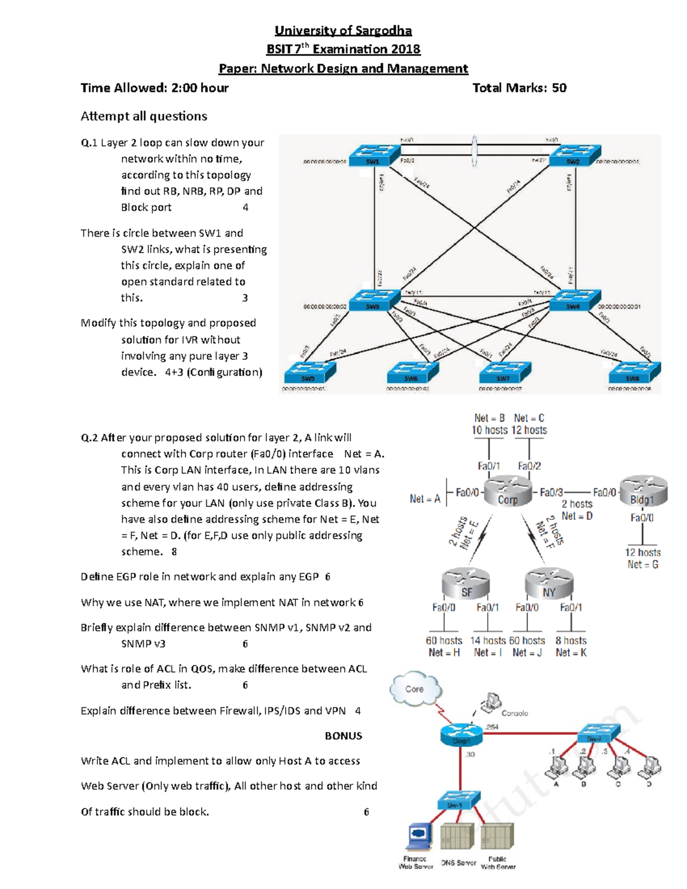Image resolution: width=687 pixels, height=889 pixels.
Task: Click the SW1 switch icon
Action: [374, 155]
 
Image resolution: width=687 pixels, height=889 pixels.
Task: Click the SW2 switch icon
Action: [574, 155]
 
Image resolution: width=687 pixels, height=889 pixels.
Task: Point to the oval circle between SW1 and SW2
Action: [474, 151]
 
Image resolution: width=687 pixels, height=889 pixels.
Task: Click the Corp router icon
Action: [507, 492]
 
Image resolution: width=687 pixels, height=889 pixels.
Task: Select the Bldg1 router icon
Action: [643, 491]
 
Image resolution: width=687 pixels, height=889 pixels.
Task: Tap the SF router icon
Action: [467, 584]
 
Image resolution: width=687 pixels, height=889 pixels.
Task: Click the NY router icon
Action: [549, 584]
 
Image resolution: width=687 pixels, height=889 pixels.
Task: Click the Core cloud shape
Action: [416, 689]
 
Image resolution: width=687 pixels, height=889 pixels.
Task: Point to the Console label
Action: [515, 713]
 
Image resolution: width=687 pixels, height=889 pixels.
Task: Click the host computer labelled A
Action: [556, 766]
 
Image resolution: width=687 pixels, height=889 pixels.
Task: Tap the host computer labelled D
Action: [650, 766]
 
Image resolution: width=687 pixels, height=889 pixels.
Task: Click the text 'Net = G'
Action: [642, 564]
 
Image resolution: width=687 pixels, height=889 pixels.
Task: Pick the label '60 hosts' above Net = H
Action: [444, 641]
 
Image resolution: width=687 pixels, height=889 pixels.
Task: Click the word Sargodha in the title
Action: [384, 30]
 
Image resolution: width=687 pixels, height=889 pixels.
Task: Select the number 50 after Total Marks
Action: [559, 88]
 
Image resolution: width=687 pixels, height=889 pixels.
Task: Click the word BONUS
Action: [343, 736]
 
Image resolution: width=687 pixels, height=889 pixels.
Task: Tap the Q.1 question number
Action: [89, 143]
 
